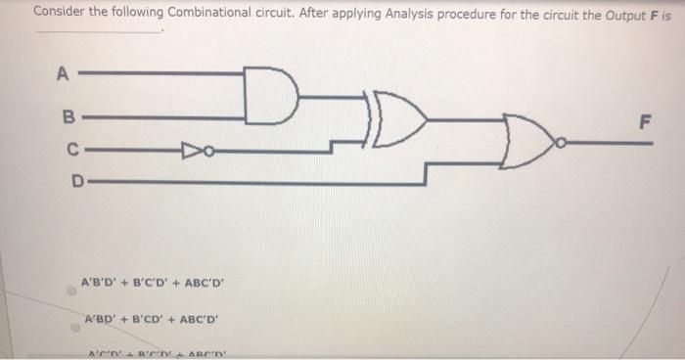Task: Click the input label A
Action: click(65, 72)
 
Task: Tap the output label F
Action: click(643, 123)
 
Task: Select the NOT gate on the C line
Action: click(189, 151)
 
